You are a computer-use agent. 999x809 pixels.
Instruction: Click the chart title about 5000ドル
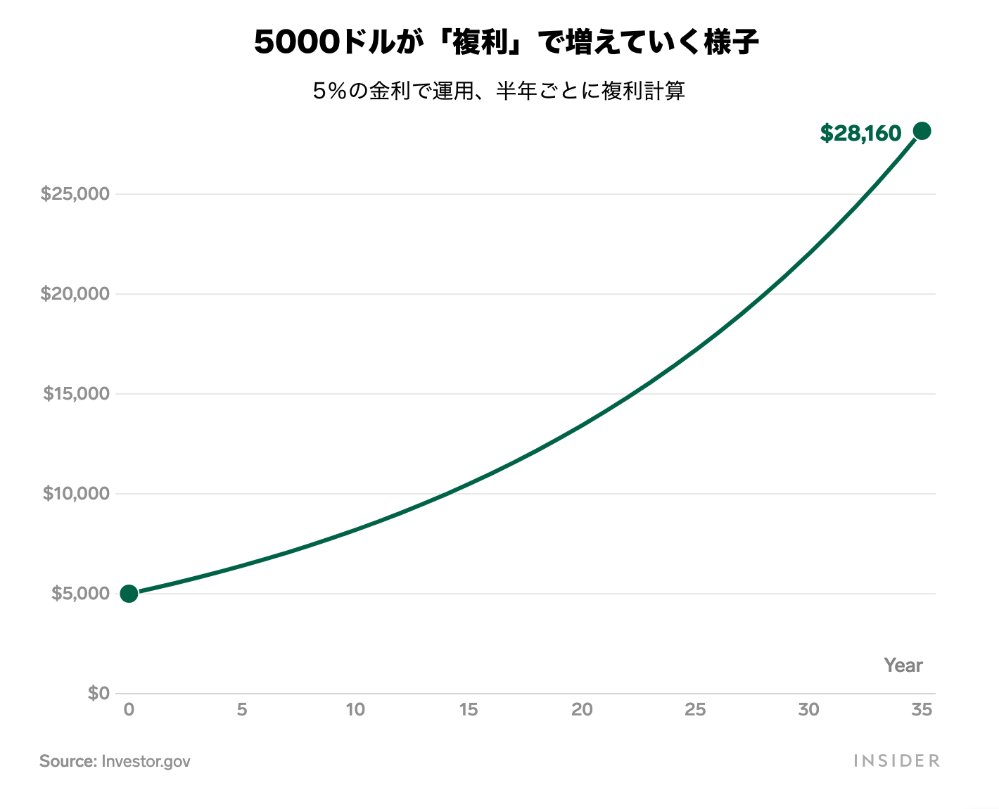coord(507,43)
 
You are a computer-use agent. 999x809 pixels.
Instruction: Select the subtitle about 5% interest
coord(499,91)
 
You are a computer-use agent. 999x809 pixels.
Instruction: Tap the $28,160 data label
coord(860,133)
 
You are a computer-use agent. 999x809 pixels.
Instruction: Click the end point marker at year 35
coord(922,131)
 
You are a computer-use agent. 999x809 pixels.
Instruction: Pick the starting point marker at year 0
coord(129,594)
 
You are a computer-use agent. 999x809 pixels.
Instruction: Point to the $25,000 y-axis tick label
coord(75,194)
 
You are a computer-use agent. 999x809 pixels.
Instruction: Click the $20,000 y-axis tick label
coord(75,294)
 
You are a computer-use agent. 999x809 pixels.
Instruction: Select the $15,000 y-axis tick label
coord(77,394)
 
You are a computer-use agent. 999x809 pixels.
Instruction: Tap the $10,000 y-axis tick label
coord(77,494)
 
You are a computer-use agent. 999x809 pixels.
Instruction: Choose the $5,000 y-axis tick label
coord(80,594)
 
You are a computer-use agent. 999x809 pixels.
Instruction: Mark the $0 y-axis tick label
coord(98,694)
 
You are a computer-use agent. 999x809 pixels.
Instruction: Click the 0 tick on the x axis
coord(129,710)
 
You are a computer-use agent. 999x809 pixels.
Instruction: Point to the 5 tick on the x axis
coord(242,710)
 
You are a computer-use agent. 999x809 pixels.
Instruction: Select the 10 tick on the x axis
coord(355,710)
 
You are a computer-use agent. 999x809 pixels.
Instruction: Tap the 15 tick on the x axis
coord(469,710)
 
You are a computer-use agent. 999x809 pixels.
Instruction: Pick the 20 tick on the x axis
coord(582,710)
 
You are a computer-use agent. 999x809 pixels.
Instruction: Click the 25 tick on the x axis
coord(695,710)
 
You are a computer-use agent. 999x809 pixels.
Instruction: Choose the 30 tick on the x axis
coord(808,710)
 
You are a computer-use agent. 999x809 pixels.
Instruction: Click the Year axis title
coord(903,665)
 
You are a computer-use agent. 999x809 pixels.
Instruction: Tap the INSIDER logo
coord(896,761)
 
